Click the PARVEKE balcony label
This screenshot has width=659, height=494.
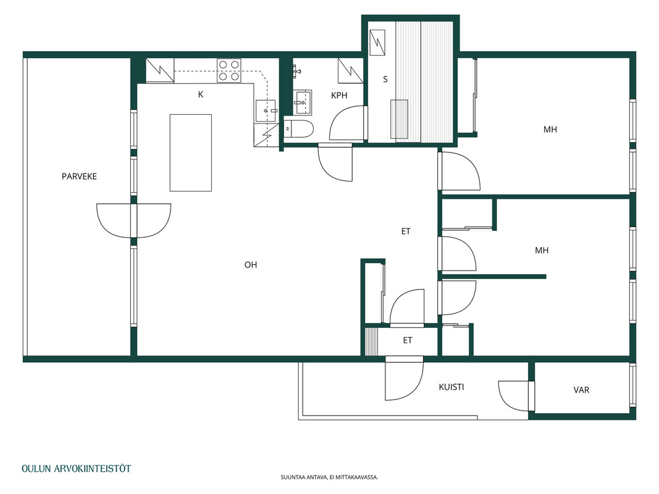click(79, 177)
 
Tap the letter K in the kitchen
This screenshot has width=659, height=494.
click(201, 94)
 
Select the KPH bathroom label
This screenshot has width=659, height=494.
click(339, 95)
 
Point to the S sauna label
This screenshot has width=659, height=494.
click(385, 79)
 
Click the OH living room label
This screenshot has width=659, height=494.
click(251, 265)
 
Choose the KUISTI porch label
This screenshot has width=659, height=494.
click(451, 387)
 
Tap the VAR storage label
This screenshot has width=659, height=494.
click(581, 390)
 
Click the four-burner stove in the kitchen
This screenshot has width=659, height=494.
click(229, 70)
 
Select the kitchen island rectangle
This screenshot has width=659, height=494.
click(190, 153)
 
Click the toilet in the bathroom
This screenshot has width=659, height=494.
click(298, 129)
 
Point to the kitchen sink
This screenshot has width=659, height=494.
click(266, 111)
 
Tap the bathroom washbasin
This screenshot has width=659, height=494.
click(302, 102)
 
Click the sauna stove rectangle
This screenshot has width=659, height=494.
click(399, 119)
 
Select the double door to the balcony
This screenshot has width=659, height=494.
click(133, 220)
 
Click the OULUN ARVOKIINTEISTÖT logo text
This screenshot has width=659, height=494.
click(76, 469)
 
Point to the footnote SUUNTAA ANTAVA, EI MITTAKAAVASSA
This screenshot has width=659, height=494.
click(330, 477)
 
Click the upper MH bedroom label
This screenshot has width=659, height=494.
click(550, 130)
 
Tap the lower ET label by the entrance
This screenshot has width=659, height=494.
click(408, 340)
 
